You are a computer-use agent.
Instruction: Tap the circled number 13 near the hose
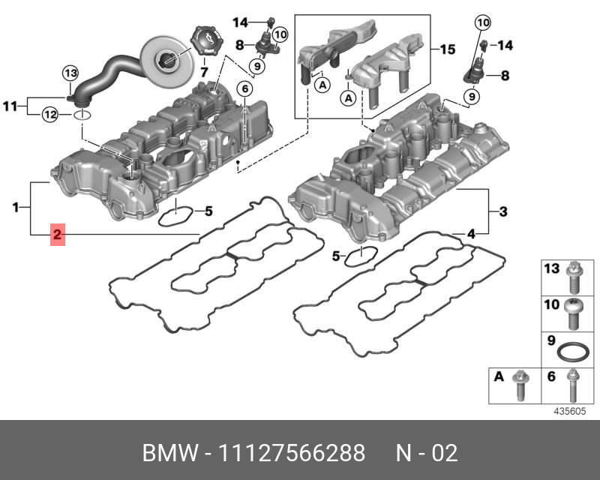click(70, 73)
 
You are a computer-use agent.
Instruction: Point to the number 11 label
click(10, 106)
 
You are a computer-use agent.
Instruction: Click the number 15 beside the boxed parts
click(447, 50)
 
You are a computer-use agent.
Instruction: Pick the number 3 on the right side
click(502, 211)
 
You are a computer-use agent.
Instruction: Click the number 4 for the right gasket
click(471, 234)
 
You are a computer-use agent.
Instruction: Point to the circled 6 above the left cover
click(244, 89)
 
